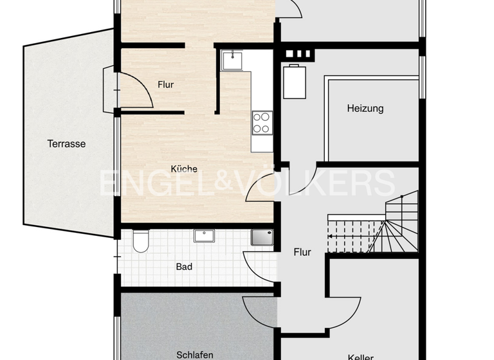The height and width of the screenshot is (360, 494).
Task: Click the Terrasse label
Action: click(66, 144)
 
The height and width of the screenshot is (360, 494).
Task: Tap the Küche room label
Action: click(184, 169)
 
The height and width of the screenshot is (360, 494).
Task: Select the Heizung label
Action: click(365, 108)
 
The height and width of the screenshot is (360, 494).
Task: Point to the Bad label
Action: click(184, 266)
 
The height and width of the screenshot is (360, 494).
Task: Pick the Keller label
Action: click(360, 357)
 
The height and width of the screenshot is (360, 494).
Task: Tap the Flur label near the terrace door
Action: click(166, 84)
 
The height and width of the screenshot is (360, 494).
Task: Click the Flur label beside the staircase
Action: click(302, 252)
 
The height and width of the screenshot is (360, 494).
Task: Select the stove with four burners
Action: click(262, 122)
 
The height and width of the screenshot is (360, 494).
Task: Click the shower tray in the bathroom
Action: click(262, 238)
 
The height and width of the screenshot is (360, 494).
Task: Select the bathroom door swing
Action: click(259, 265)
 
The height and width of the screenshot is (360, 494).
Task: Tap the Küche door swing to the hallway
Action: click(262, 189)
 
